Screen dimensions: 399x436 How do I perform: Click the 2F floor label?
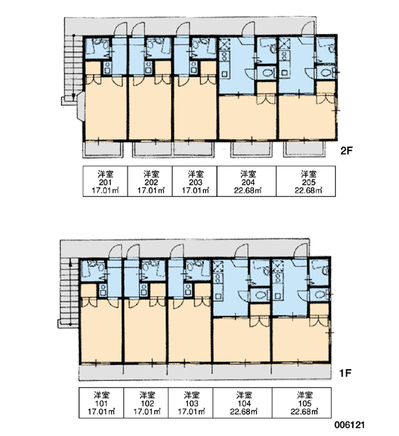346,150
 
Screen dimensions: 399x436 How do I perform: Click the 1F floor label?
345,373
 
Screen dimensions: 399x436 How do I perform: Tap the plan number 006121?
349,424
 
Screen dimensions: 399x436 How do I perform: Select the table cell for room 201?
105,181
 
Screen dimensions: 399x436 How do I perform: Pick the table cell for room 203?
194,181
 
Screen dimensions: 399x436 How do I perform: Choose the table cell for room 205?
305,181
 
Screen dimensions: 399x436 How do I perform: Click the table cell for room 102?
146,403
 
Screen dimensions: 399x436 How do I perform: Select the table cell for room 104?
242,403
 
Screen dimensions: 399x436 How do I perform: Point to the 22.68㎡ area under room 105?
304,411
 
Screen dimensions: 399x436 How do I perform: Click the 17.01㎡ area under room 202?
151,190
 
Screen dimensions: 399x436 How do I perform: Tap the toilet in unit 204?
267,73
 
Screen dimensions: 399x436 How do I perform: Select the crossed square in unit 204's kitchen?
225,44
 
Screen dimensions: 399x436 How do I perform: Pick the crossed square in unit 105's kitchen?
278,266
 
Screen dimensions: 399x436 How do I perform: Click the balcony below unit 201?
103,150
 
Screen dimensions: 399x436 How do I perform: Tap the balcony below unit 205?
304,150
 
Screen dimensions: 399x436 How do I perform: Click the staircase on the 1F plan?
70,292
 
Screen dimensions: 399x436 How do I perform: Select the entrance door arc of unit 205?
308,28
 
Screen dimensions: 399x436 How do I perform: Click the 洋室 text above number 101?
102,395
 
